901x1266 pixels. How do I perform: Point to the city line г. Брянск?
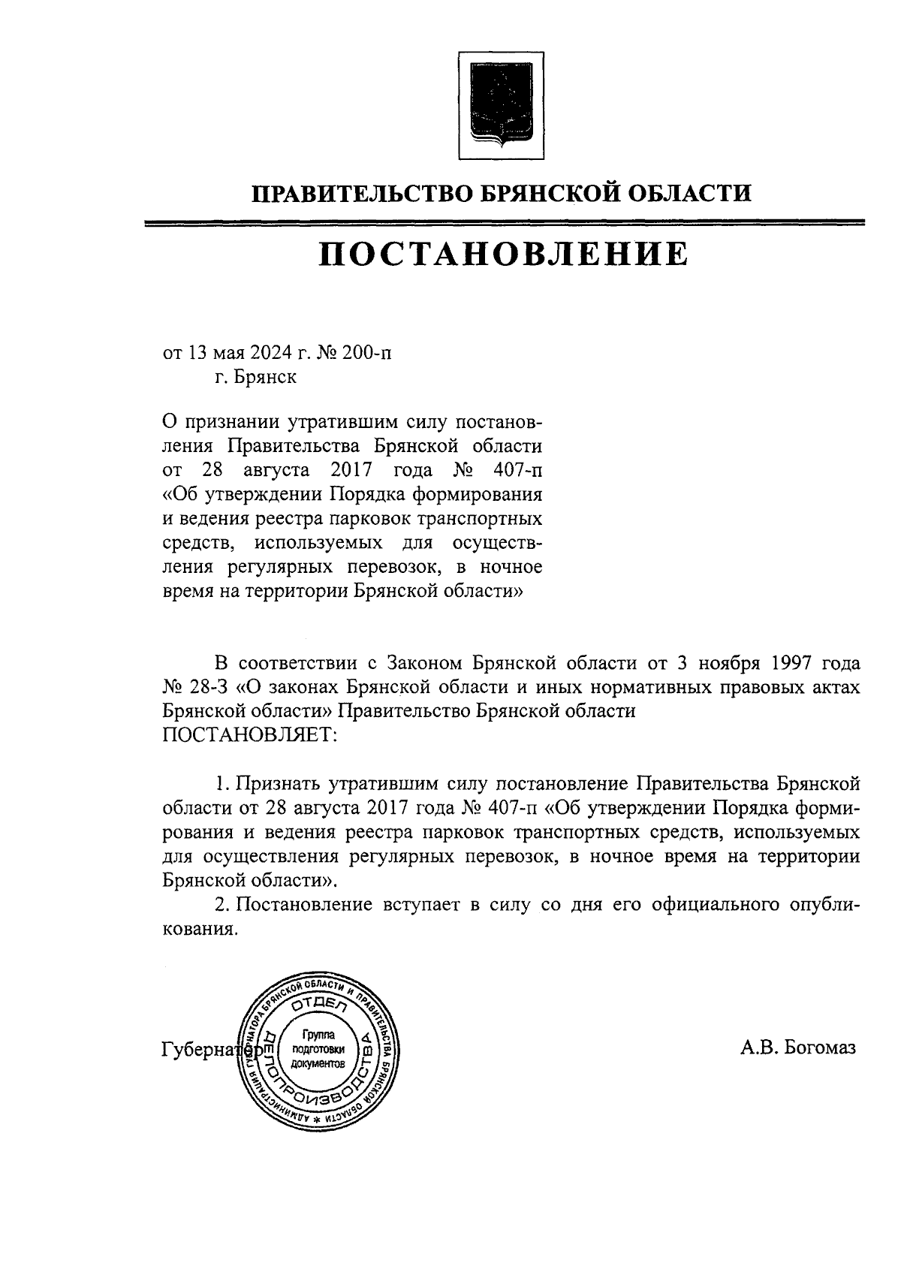tap(254, 376)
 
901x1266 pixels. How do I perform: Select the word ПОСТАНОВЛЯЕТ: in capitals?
tap(250, 735)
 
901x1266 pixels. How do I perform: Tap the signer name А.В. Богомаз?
tap(797, 1047)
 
